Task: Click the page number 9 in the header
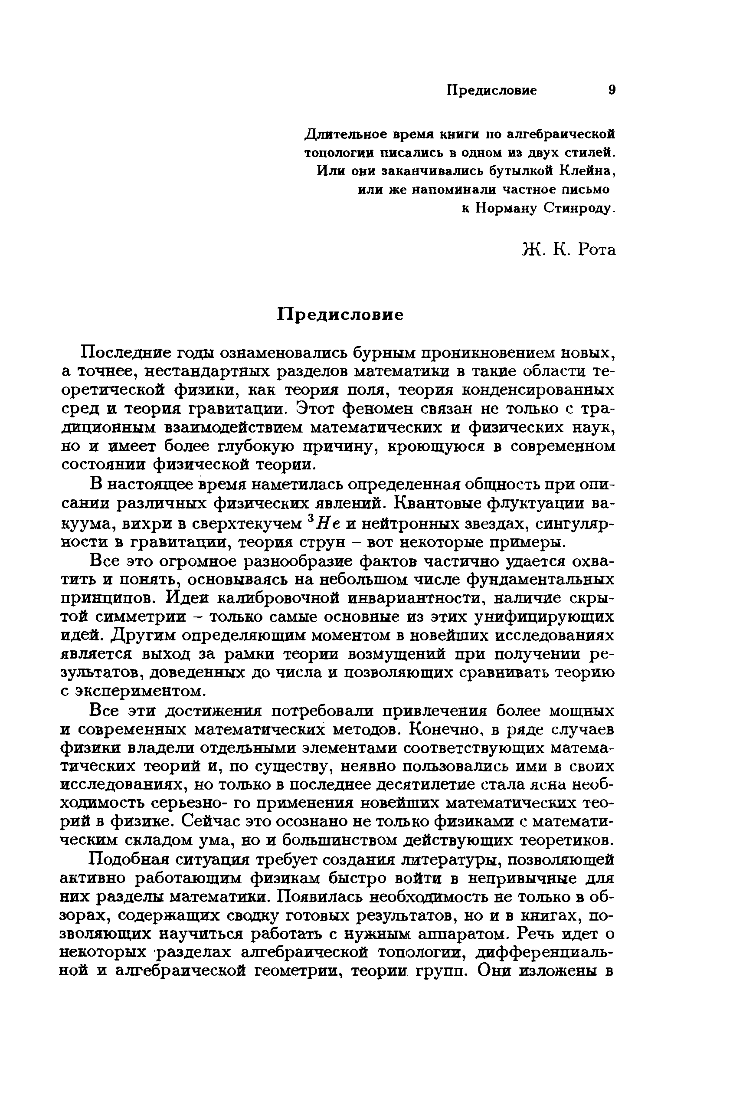click(x=612, y=90)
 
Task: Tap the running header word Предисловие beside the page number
click(x=491, y=90)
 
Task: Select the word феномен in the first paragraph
click(x=381, y=409)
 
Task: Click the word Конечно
click(x=438, y=730)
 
